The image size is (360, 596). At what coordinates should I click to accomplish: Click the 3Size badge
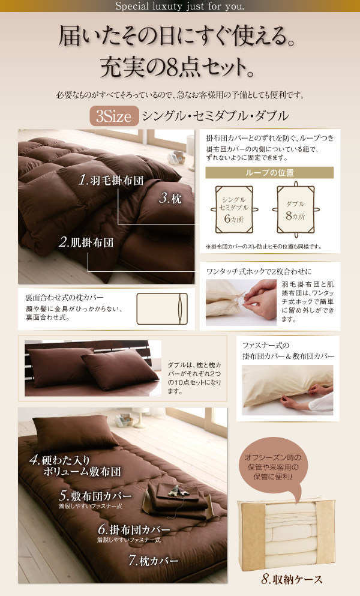pyautogui.click(x=114, y=116)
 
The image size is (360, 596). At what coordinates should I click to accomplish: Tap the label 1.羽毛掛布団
pyautogui.click(x=111, y=180)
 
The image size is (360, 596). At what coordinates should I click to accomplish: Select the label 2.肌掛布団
pyautogui.click(x=86, y=242)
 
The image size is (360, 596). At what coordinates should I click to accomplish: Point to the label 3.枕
pyautogui.click(x=170, y=198)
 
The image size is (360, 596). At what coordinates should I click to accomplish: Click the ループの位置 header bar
pyautogui.click(x=269, y=173)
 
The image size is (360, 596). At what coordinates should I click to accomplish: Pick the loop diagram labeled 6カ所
pyautogui.click(x=234, y=209)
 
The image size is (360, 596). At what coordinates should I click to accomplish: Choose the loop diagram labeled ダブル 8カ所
pyautogui.click(x=296, y=209)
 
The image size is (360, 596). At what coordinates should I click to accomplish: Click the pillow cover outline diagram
pyautogui.click(x=162, y=309)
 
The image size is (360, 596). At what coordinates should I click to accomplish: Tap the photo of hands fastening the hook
pyautogui.click(x=241, y=303)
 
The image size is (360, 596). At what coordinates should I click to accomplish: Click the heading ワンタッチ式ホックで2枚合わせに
pyautogui.click(x=259, y=271)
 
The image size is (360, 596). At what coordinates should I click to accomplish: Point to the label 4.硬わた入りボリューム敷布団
pyautogui.click(x=75, y=466)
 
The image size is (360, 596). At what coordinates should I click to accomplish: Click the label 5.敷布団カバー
pyautogui.click(x=95, y=496)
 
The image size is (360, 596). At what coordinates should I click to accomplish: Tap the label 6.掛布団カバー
pyautogui.click(x=134, y=529)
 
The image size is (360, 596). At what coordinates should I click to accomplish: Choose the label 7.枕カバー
pyautogui.click(x=153, y=560)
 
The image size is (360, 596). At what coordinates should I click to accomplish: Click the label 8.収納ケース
pyautogui.click(x=292, y=579)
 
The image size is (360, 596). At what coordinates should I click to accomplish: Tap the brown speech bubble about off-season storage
pyautogui.click(x=273, y=469)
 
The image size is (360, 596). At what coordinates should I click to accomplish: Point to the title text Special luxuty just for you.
pyautogui.click(x=180, y=6)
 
